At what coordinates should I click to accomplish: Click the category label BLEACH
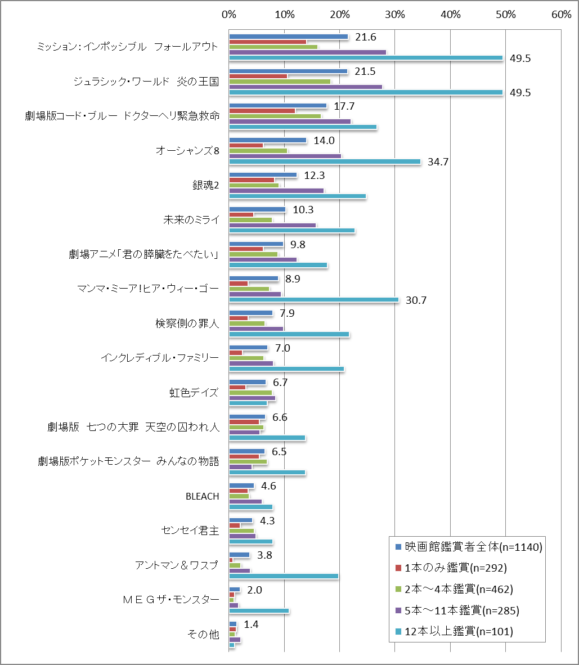point(202,496)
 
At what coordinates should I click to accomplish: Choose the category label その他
point(203,635)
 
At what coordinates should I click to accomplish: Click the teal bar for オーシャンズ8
point(325,161)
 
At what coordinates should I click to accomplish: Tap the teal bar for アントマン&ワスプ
point(284,576)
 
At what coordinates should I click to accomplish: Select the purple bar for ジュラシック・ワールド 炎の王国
point(306,87)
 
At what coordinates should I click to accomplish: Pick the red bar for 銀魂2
point(252,180)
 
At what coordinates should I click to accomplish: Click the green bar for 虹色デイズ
point(250,393)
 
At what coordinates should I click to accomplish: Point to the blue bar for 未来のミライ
point(257,210)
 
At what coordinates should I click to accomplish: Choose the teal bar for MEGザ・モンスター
point(259,610)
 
